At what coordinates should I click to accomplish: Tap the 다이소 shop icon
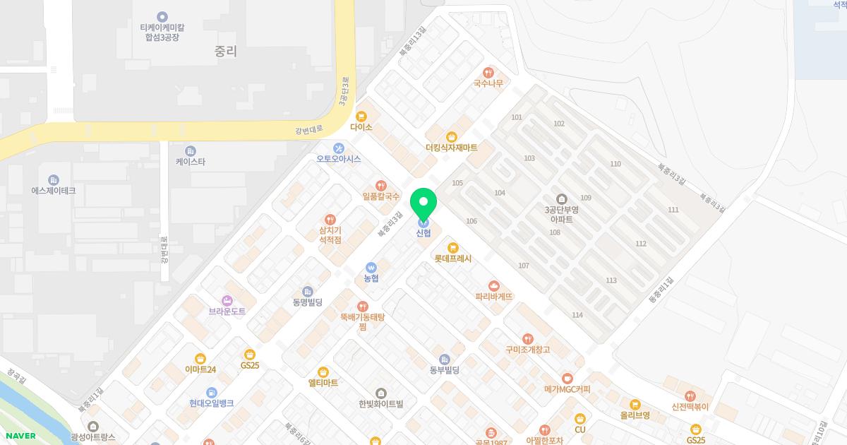pos(361,116)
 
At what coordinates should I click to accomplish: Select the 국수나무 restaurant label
pos(488,83)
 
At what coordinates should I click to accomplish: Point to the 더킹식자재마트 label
pos(452,148)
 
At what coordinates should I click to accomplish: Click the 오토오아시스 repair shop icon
pos(339,148)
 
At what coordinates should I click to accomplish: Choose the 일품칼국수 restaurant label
pos(381,196)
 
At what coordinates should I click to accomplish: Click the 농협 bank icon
pos(371,268)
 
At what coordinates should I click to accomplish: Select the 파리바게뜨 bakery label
pos(494,297)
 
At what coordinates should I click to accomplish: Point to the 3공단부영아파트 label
pos(562,214)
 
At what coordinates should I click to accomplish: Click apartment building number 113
pos(611,280)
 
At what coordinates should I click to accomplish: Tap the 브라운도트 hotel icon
pos(227,300)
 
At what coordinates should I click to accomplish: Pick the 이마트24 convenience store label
pos(200,369)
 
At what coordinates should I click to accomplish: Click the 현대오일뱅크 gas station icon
pos(211,392)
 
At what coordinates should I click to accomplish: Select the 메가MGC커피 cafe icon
pos(567,379)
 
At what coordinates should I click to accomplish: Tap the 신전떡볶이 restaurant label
pos(690,407)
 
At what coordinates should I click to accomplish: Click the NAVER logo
pos(19,436)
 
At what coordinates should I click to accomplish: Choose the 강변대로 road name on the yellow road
pos(309,129)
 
